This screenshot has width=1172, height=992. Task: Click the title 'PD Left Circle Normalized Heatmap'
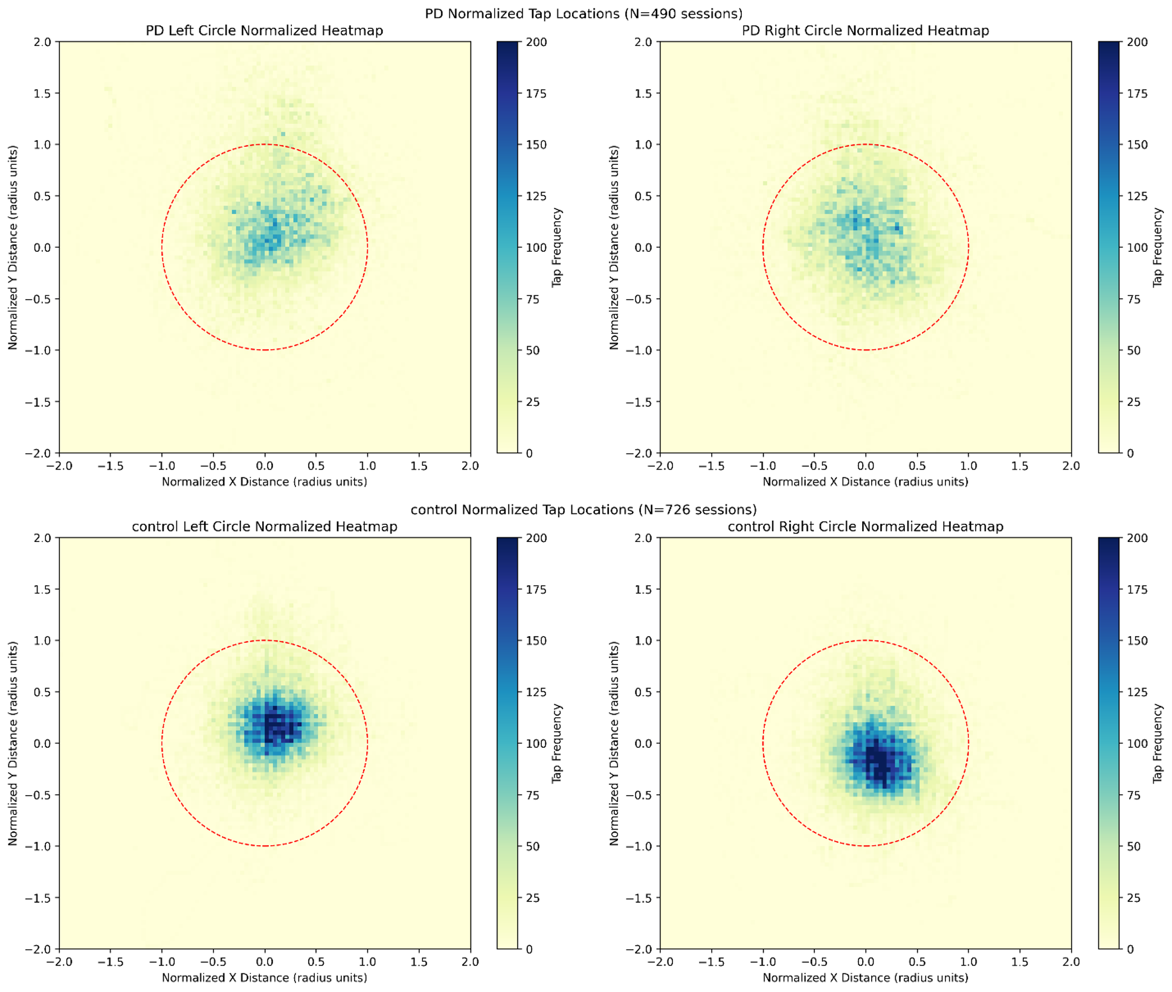tap(264, 30)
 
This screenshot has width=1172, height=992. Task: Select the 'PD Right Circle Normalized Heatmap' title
tap(865, 30)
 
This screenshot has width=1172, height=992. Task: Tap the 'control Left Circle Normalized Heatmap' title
tap(264, 526)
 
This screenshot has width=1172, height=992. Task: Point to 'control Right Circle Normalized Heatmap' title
tap(865, 526)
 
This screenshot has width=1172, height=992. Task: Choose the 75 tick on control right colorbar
tap(1135, 795)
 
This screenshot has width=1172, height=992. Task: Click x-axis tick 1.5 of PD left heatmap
tap(419, 466)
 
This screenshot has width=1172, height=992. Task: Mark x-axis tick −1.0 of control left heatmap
tap(161, 962)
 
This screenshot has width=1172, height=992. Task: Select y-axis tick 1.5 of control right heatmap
tap(644, 589)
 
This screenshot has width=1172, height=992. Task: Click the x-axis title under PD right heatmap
tap(865, 482)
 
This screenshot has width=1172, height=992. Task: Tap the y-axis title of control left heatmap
tap(13, 743)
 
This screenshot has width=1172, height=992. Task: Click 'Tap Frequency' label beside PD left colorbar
tap(557, 247)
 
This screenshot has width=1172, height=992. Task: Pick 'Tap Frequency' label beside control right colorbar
tap(1158, 743)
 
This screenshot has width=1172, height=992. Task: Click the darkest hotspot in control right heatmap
tap(880, 762)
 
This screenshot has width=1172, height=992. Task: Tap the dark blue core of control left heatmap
tap(275, 723)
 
